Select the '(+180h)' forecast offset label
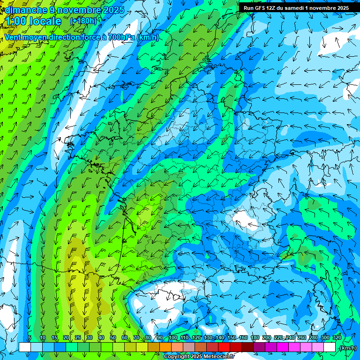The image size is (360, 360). (x=83, y=21)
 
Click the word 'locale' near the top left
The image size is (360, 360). (x=45, y=21)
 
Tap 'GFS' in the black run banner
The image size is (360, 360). (x=260, y=8)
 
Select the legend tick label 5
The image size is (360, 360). (x=30, y=338)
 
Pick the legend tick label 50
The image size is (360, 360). (x=112, y=338)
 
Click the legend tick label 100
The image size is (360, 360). (x=172, y=338)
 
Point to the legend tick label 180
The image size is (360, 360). (x=255, y=338)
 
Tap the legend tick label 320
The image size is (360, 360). (x=337, y=338)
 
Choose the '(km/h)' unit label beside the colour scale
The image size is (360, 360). (x=347, y=348)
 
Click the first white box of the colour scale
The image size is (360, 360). (x=25, y=347)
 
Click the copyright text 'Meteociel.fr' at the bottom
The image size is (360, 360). (x=217, y=357)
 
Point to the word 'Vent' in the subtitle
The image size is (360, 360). (x=13, y=37)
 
